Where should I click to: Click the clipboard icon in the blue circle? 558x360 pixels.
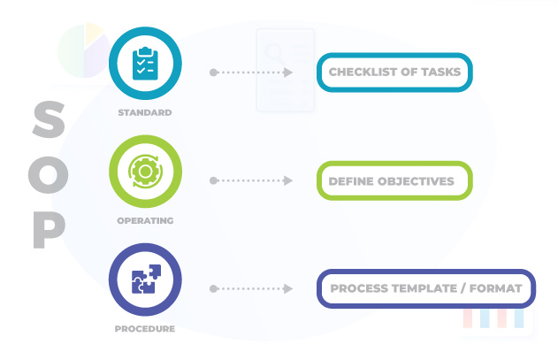point(145,65)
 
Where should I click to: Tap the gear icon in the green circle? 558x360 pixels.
point(145,172)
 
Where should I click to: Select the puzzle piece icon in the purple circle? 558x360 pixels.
point(145,280)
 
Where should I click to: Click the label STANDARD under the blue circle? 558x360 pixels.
point(145,113)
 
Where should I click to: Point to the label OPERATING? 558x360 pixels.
point(145,220)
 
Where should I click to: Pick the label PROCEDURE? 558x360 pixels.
point(145,329)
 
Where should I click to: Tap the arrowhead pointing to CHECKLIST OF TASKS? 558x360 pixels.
point(288,73)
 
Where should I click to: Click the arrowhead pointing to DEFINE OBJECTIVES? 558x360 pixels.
point(288,180)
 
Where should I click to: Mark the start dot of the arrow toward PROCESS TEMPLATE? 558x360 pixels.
point(213,289)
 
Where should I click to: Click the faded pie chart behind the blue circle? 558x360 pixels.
point(81,49)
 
